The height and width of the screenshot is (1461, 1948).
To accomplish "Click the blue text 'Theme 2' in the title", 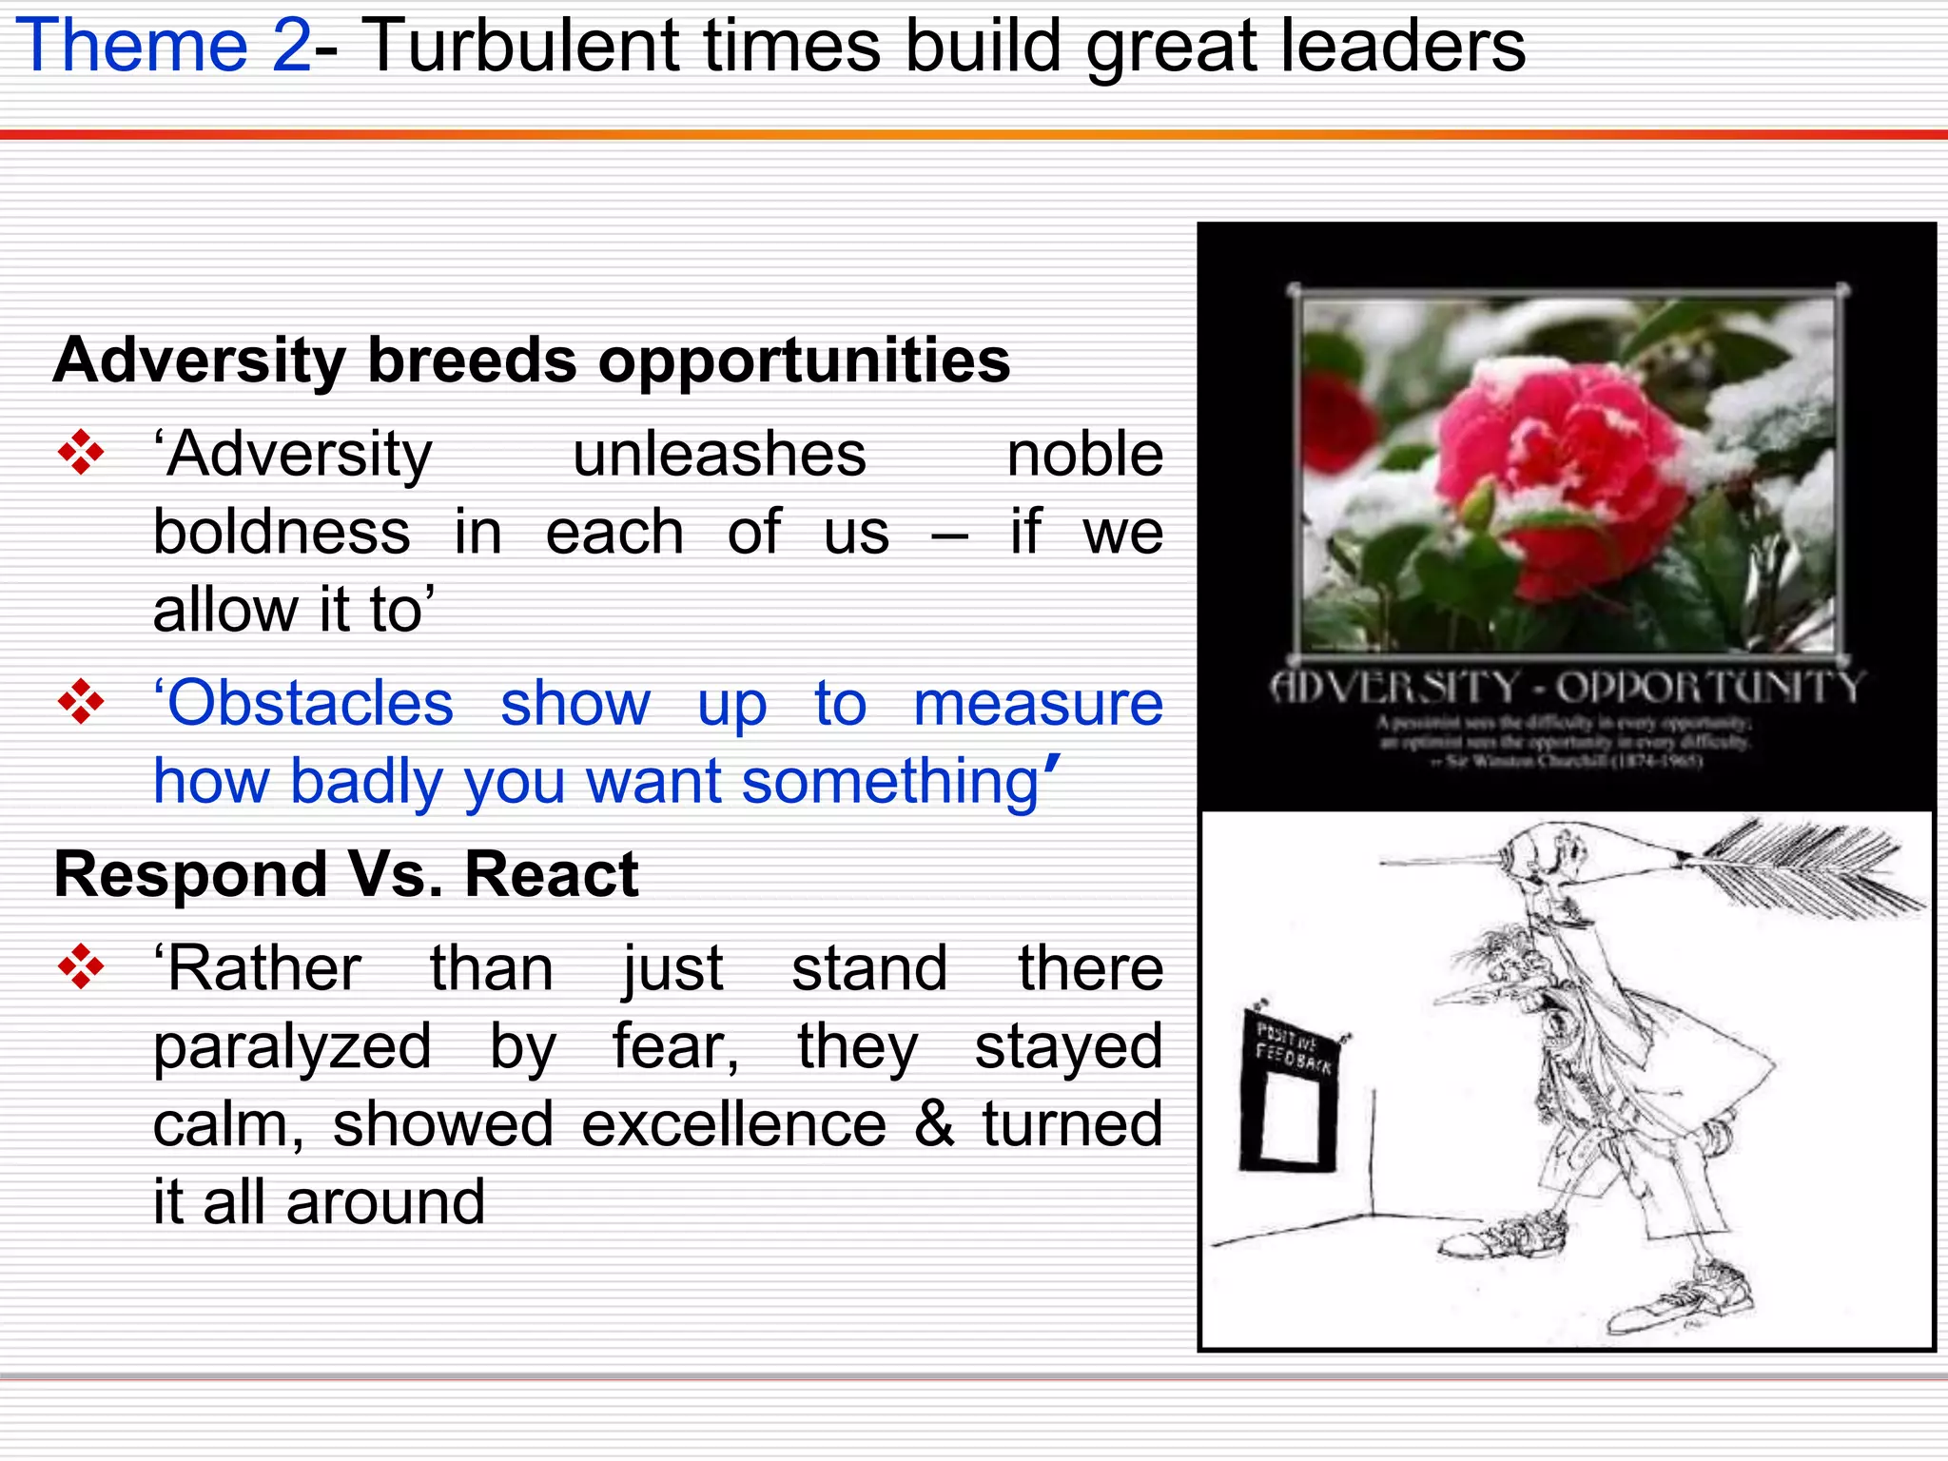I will pos(164,46).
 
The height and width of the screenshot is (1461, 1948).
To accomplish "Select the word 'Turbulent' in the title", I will pos(521,46).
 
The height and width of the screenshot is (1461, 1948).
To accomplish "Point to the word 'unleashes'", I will pos(719,454).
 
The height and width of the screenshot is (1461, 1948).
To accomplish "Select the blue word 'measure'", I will pos(1038,704).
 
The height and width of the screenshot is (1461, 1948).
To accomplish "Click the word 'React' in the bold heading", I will pos(551,874).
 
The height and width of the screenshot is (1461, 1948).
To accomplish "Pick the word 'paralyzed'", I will pos(292,1046).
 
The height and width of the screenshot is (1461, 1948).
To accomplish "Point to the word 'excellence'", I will pos(733,1124).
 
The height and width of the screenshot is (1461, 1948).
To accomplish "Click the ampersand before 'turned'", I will pos(934,1123).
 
